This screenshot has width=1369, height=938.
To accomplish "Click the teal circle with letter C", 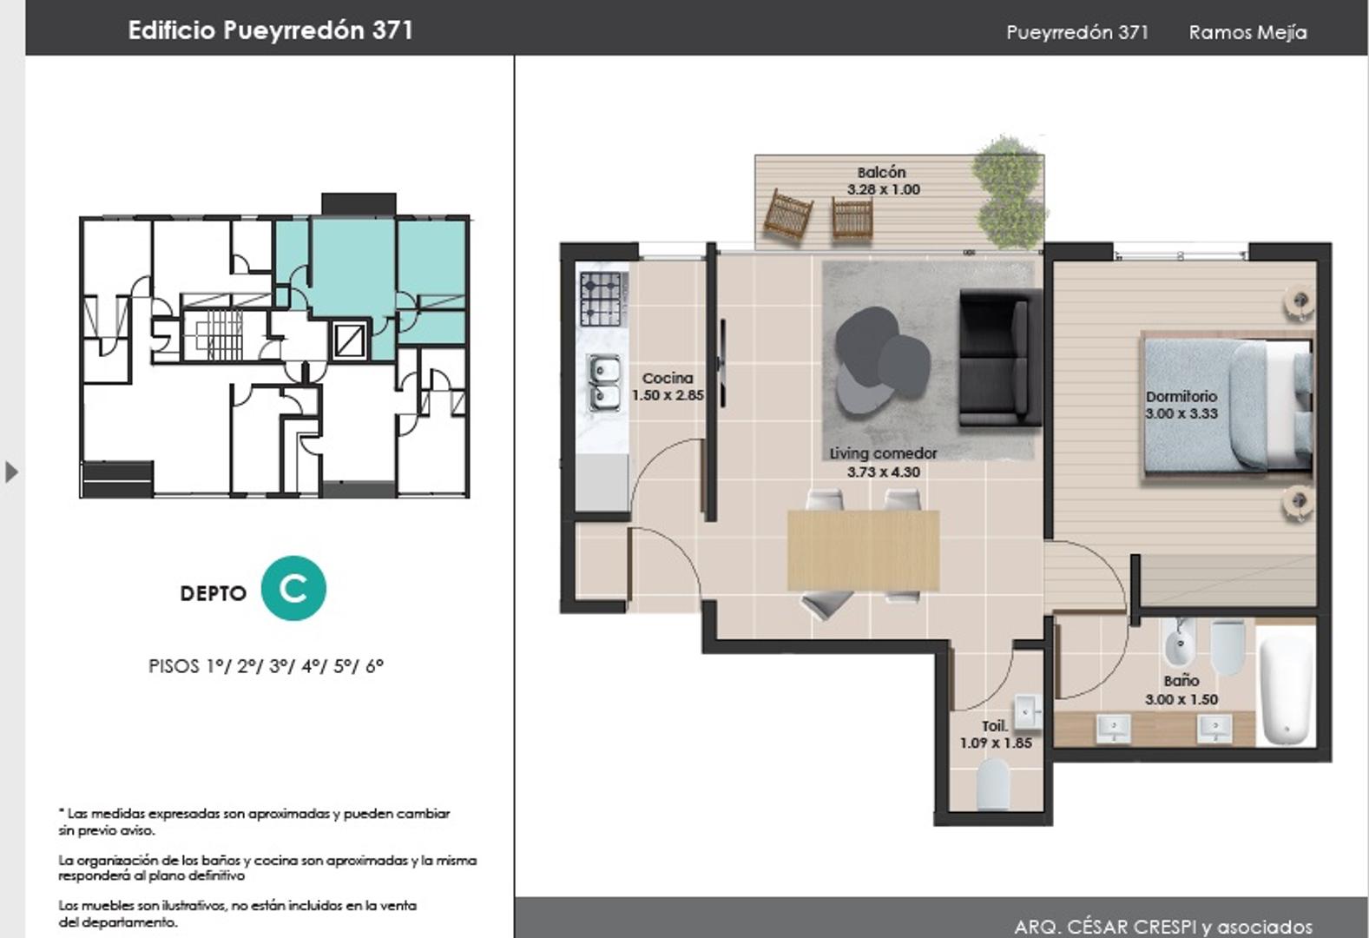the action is [293, 588].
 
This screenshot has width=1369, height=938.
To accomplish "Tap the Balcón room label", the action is [881, 173].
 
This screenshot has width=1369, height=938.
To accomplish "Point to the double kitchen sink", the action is [604, 383].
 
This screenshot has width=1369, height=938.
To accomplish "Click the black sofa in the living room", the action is [1000, 358].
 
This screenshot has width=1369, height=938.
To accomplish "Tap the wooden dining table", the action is [863, 551].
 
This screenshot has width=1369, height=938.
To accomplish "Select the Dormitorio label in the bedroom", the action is [1181, 396].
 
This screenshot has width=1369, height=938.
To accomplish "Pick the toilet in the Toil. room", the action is [993, 784].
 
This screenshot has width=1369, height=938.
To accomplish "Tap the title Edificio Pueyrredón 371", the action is [271, 30].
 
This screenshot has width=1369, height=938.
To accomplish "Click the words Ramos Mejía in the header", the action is [1247, 32].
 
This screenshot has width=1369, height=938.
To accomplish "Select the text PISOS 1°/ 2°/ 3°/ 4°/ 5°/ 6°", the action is [266, 666].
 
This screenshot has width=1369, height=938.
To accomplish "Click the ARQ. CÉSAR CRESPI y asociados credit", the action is [1163, 927].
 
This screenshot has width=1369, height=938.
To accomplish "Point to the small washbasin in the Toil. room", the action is [1028, 712].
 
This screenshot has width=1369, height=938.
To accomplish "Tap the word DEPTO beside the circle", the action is [214, 593].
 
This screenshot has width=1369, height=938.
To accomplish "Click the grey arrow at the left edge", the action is [11, 472].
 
